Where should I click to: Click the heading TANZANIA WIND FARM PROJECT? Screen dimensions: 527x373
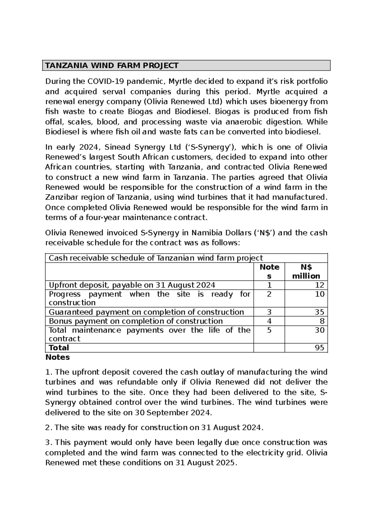(x=112, y=66)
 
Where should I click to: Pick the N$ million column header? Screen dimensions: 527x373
(x=306, y=272)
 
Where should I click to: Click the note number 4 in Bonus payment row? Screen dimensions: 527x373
(x=269, y=321)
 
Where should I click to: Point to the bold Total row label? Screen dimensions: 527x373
(x=59, y=348)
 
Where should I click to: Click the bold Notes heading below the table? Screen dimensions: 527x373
(x=58, y=357)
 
